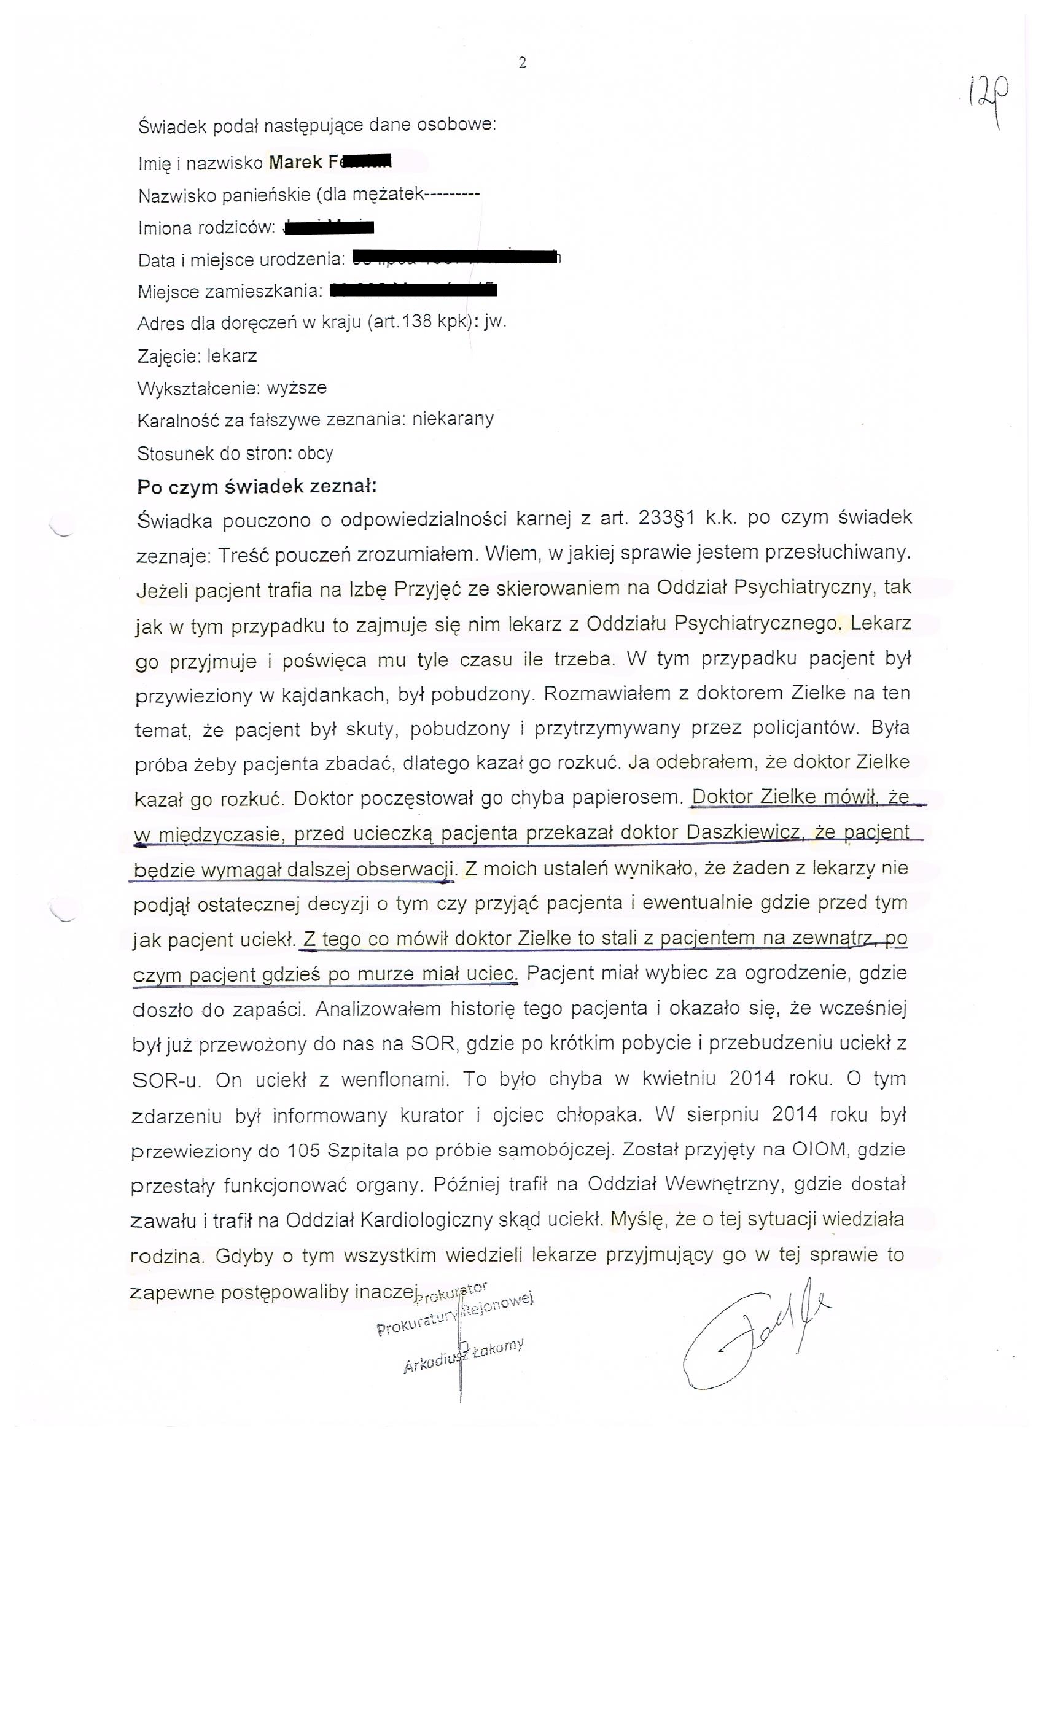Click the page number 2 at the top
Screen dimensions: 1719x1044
(x=523, y=63)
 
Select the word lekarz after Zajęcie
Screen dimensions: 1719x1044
(x=232, y=356)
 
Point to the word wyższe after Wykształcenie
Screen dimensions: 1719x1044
(x=297, y=388)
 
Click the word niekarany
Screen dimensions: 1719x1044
(x=453, y=419)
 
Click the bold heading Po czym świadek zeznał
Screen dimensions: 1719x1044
(x=257, y=486)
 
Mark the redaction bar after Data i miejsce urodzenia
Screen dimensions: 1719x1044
(x=455, y=258)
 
